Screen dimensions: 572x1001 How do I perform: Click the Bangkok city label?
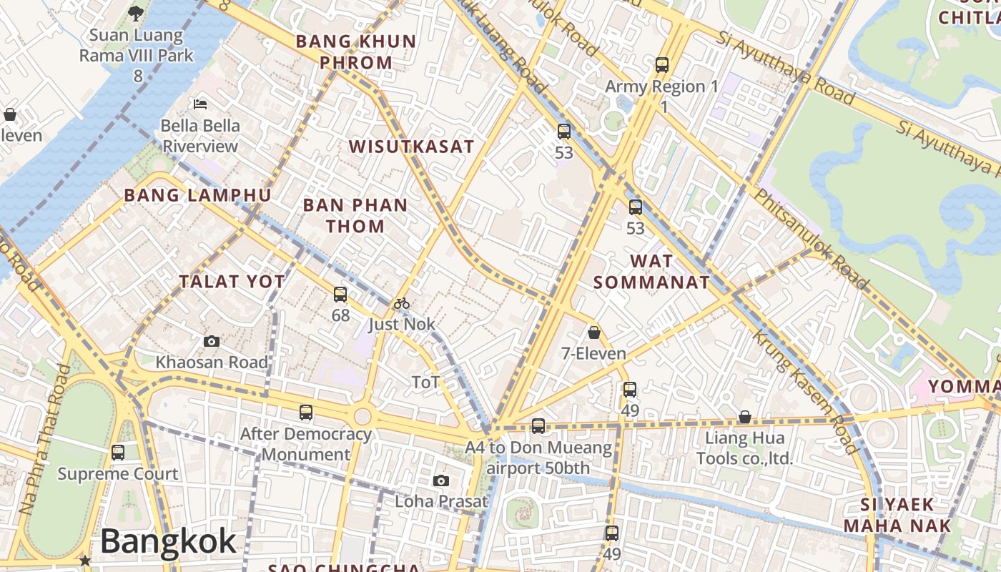point(168,541)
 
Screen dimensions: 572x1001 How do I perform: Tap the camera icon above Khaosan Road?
point(212,342)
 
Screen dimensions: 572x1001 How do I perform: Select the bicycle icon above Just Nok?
point(402,303)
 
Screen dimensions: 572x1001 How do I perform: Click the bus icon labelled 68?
point(340,294)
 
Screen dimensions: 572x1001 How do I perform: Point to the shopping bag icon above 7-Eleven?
point(593,332)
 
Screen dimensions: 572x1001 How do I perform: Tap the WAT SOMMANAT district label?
point(651,272)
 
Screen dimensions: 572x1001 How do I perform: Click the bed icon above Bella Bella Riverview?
point(200,104)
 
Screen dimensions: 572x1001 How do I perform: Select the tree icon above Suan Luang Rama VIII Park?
point(136,13)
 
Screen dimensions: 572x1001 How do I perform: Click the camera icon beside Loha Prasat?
point(441,480)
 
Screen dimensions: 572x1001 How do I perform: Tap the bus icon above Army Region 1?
point(662,65)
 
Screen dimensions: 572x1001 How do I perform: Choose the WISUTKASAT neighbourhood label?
point(411,147)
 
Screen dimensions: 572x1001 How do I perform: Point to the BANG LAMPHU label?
point(197,195)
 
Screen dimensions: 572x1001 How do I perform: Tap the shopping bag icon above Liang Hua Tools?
point(744,417)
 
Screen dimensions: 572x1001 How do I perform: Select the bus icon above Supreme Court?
point(118,453)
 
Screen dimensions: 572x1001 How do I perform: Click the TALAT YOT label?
point(232,282)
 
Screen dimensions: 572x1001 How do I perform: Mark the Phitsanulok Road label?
point(812,239)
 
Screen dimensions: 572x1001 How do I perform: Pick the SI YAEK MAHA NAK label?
point(897,515)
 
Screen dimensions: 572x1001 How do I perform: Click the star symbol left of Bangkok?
point(85,561)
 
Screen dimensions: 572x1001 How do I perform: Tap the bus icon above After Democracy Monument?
point(306,413)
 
